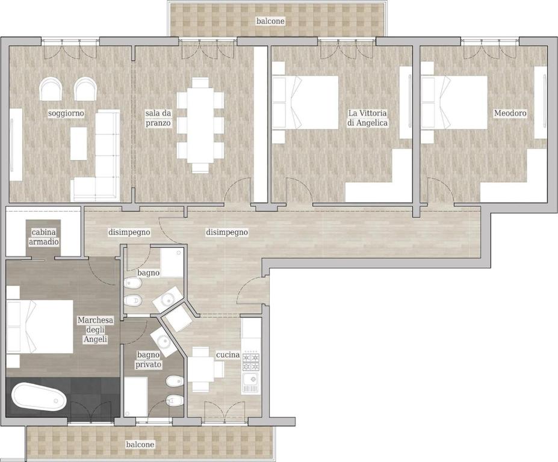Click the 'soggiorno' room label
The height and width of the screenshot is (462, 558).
(66, 114)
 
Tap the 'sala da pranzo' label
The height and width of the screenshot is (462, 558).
(158, 118)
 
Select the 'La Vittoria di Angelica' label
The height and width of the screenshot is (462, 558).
(368, 118)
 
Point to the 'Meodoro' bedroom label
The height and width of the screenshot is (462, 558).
(510, 114)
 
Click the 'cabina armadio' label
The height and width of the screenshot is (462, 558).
(45, 237)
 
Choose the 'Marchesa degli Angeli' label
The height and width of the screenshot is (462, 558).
(95, 330)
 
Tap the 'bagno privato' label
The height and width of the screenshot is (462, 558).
(149, 360)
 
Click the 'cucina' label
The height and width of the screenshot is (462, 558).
(228, 355)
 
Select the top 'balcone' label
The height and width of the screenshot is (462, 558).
(271, 21)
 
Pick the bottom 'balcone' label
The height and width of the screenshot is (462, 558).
(140, 444)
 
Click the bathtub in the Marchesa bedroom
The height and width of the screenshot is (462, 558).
(39, 397)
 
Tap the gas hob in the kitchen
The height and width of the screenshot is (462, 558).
(251, 362)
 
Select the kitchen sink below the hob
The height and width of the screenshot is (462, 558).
(251, 383)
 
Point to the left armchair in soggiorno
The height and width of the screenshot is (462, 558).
(51, 89)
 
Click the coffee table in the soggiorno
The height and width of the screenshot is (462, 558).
(79, 144)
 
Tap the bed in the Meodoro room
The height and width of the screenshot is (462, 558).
(454, 102)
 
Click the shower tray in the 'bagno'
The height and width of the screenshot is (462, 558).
(172, 263)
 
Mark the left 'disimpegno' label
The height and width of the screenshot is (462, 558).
(129, 232)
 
